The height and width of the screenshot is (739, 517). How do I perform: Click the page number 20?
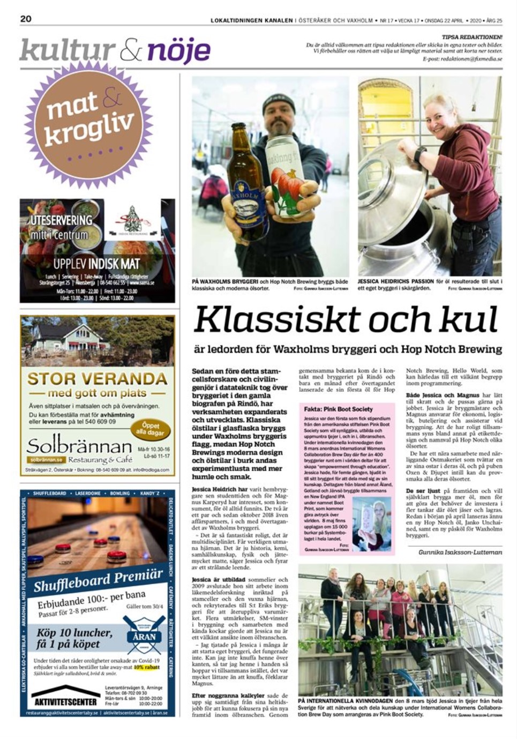pos(26,19)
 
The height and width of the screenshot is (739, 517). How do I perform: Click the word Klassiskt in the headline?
pos(275,320)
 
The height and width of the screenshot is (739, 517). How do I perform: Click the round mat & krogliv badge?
pos(89,122)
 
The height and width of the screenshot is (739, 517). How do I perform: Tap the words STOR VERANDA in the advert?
pos(97,379)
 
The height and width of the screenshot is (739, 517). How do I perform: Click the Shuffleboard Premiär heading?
pos(98,581)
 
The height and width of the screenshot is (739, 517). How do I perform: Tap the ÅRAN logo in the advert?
pos(144,636)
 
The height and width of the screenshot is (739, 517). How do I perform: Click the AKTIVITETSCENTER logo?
pos(65,701)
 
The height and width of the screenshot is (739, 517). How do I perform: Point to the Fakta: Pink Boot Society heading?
pos(338,409)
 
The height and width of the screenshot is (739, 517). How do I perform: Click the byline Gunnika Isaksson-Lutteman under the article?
pos(460,551)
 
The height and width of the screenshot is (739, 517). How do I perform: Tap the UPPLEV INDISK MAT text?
pos(96,264)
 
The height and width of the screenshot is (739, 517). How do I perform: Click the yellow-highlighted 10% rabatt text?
pos(146,668)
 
